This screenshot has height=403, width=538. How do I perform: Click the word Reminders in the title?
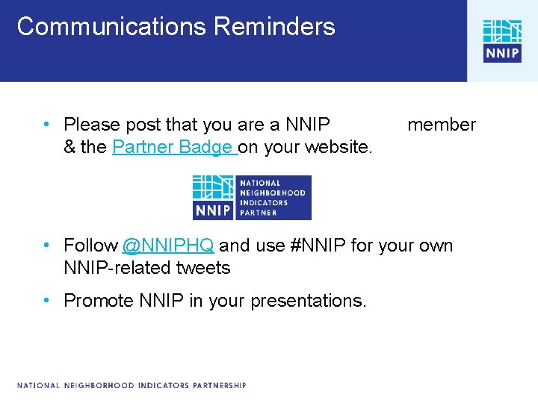click(x=274, y=27)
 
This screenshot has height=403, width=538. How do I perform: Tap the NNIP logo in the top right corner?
click(x=502, y=41)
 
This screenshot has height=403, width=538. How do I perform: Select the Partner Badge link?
click(x=173, y=147)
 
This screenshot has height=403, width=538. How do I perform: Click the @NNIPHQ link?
click(x=168, y=246)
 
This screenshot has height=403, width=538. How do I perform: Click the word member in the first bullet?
click(x=441, y=125)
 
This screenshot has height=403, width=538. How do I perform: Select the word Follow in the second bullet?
click(x=90, y=246)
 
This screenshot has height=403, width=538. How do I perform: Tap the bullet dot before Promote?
click(x=46, y=301)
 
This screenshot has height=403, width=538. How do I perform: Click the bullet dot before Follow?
click(x=46, y=246)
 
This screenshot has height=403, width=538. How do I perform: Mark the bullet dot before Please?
click(x=46, y=125)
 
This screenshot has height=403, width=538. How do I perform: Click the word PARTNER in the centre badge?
click(x=259, y=213)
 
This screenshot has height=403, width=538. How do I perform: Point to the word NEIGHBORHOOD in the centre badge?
click(x=272, y=193)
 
